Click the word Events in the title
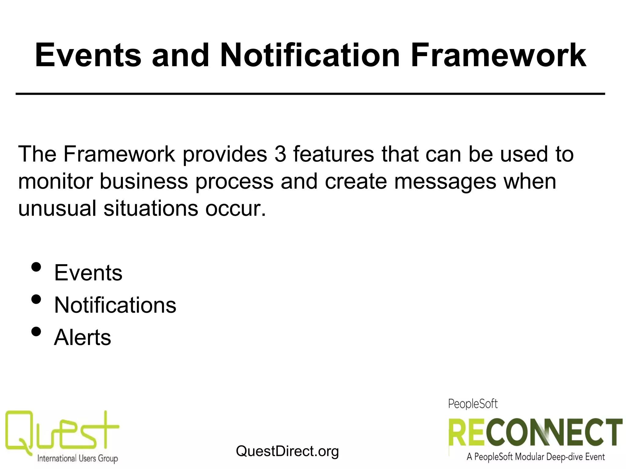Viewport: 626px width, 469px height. (88, 56)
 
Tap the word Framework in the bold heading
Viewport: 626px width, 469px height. (498, 56)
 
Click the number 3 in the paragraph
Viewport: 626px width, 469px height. (280, 154)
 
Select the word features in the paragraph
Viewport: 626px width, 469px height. (333, 154)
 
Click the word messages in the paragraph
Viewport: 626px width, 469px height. (445, 181)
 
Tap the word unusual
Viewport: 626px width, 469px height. (57, 209)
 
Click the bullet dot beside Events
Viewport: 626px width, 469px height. (36, 267)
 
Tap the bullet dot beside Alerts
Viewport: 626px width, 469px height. (36, 332)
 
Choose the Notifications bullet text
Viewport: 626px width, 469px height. (115, 305)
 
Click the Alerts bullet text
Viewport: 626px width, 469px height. (82, 338)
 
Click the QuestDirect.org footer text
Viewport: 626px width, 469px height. (287, 451)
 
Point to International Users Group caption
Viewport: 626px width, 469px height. (77, 458)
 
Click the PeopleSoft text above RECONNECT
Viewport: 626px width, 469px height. (473, 404)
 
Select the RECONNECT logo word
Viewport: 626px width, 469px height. (535, 432)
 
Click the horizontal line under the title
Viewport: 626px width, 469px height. (310, 94)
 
